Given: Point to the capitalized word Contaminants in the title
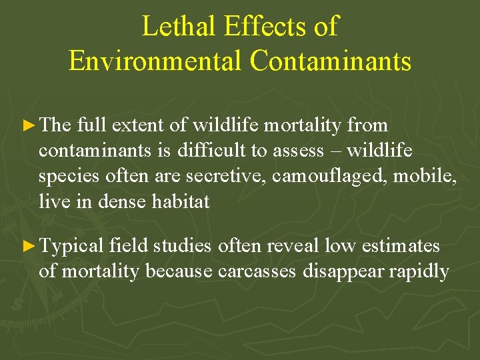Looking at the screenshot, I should pyautogui.click(x=331, y=61).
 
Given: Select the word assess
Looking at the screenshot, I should pyautogui.click(x=297, y=151).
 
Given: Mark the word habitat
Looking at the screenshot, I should pyautogui.click(x=178, y=201).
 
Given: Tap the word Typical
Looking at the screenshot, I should pyautogui.click(x=72, y=246).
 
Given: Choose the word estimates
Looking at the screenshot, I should pyautogui.click(x=400, y=246).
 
